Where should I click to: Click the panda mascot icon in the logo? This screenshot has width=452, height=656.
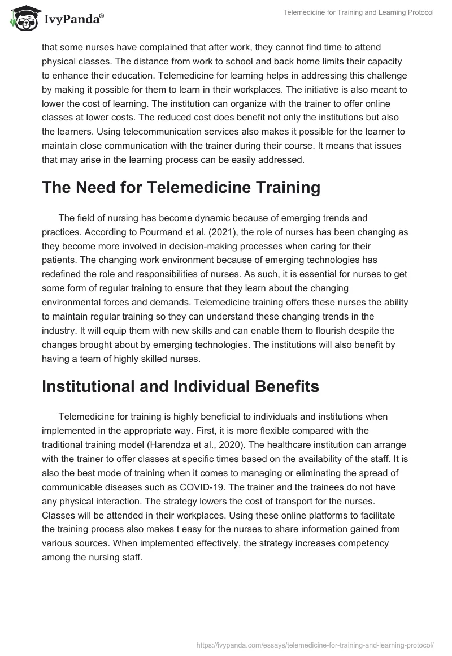coord(23,19)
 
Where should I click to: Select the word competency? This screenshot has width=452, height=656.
coord(364,544)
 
